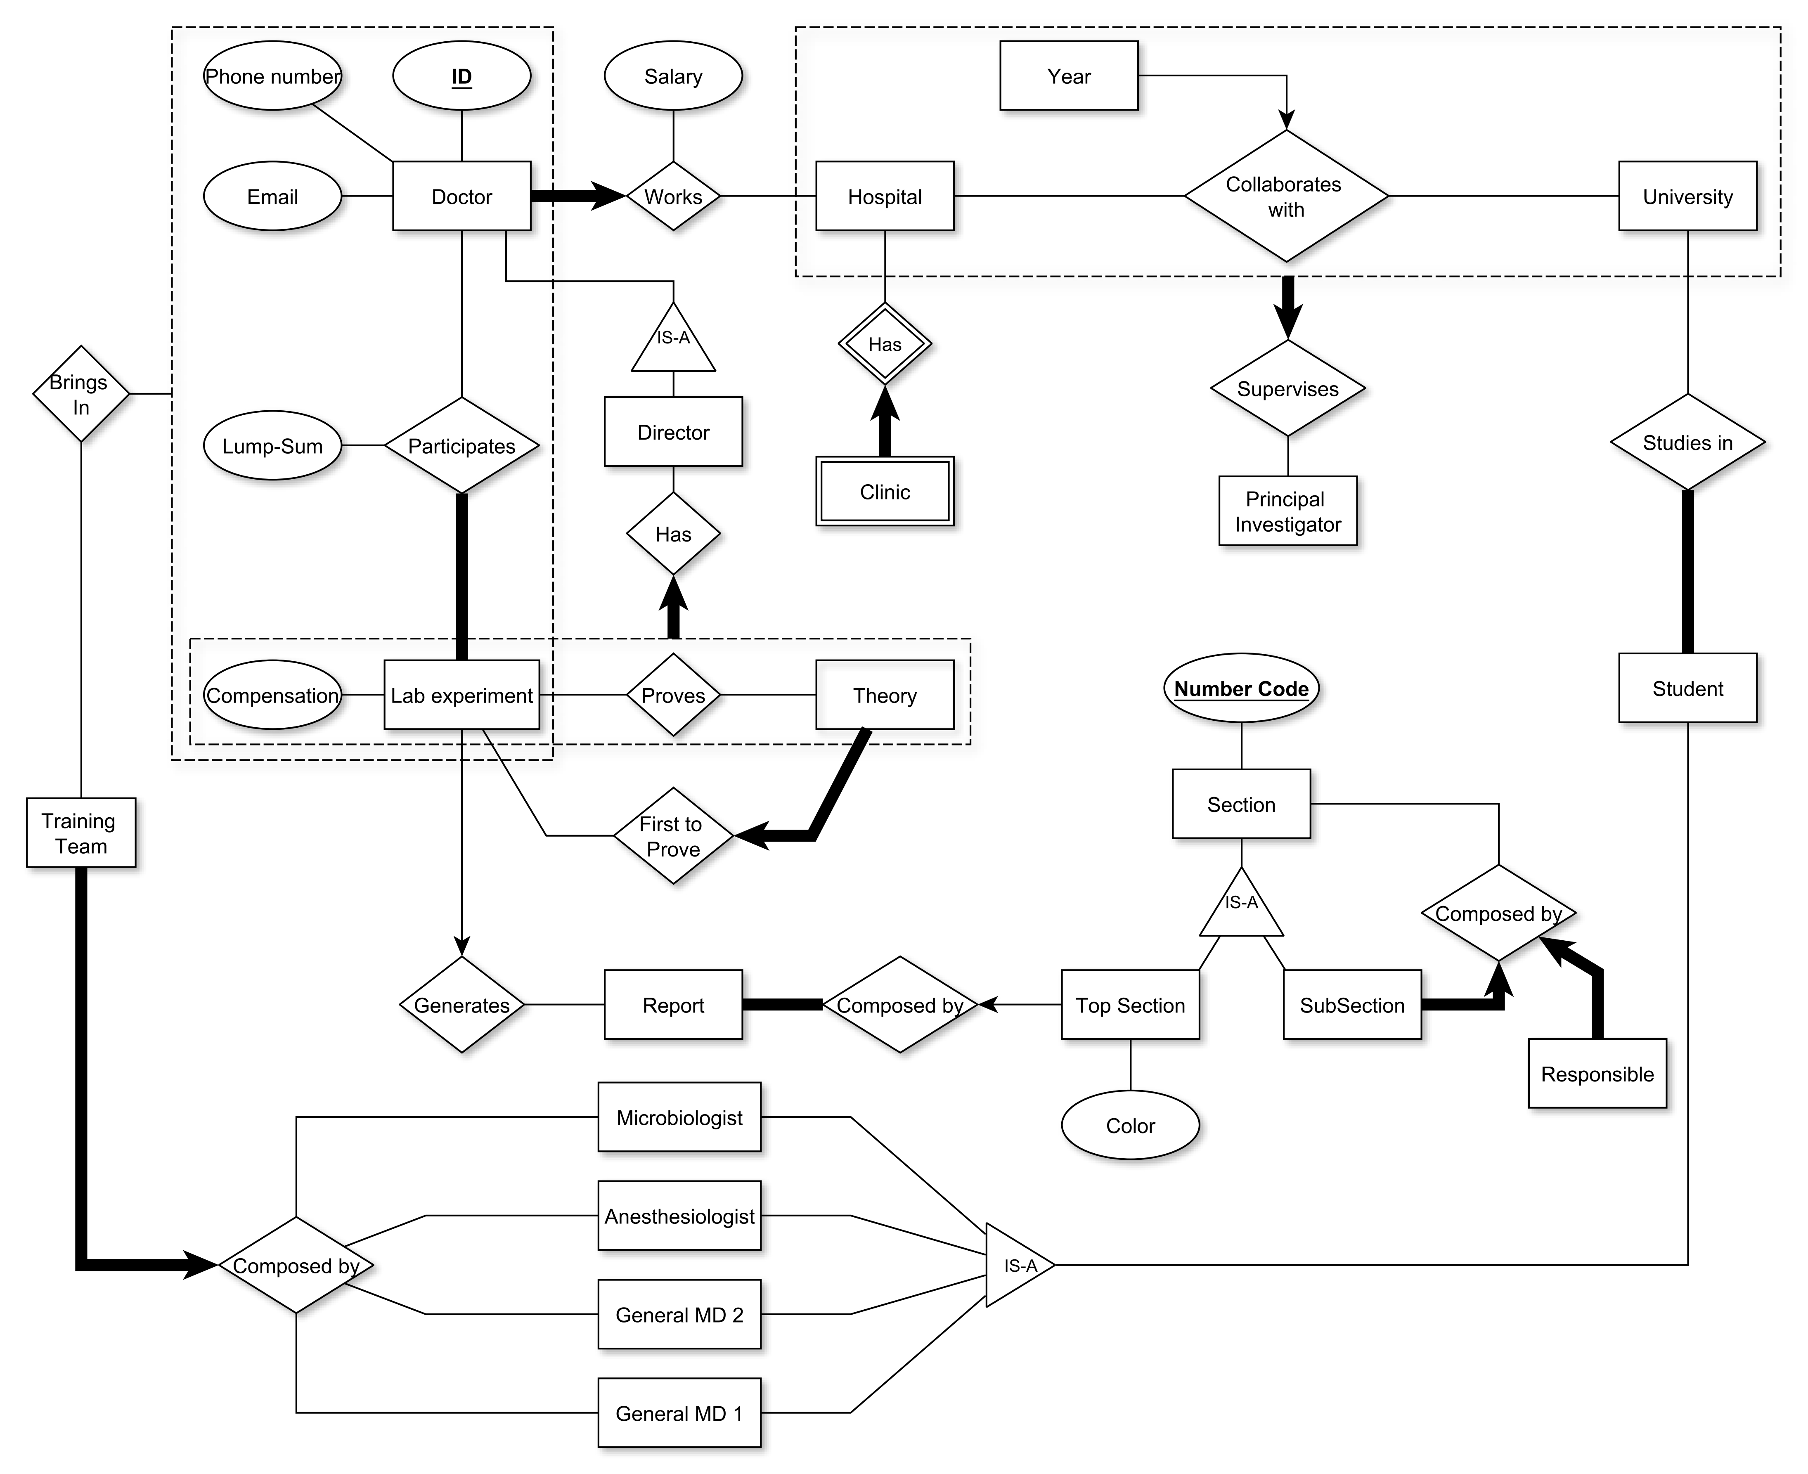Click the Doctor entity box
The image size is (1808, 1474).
(x=461, y=196)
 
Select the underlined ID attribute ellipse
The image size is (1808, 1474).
(x=461, y=76)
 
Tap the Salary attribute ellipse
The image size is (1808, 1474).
(x=672, y=76)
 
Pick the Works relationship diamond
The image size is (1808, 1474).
(x=672, y=196)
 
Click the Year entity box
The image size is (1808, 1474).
(x=1068, y=76)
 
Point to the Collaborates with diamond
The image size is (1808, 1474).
(x=1286, y=196)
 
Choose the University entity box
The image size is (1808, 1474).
(x=1687, y=196)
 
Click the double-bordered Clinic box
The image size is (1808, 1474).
(x=884, y=492)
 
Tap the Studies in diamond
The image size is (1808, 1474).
(x=1687, y=442)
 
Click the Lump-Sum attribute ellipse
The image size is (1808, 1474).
(x=272, y=446)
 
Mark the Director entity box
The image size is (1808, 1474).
(x=672, y=432)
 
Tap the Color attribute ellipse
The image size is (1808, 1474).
(x=1129, y=1125)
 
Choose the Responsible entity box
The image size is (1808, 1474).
(x=1597, y=1074)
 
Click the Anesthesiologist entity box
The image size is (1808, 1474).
(x=679, y=1216)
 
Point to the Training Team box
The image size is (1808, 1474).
(x=80, y=833)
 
